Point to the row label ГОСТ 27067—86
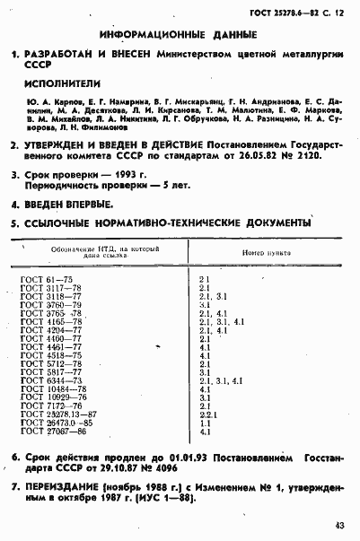coord(52,432)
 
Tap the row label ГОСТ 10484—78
coord(52,389)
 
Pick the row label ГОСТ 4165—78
coord(49,321)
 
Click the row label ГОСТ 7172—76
coord(49,406)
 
